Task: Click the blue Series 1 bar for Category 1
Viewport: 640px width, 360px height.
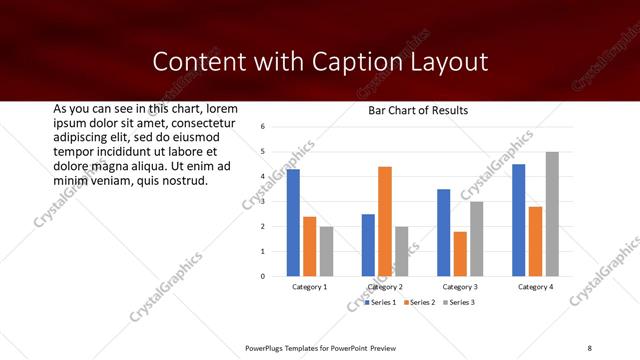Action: pos(293,222)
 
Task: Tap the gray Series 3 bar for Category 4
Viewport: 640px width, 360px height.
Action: pos(552,214)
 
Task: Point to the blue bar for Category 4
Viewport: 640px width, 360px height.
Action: pos(518,220)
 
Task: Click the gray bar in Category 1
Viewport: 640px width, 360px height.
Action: pos(326,251)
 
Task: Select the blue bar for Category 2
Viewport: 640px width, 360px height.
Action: pos(368,245)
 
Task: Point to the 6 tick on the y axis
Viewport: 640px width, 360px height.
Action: pos(261,127)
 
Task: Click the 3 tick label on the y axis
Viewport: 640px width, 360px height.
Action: pos(261,201)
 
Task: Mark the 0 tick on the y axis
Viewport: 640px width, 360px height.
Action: pos(261,276)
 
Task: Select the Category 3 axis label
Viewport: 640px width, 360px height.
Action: pos(460,287)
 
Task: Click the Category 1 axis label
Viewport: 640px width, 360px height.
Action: pos(310,287)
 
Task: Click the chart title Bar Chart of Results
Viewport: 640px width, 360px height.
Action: pos(412,110)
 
